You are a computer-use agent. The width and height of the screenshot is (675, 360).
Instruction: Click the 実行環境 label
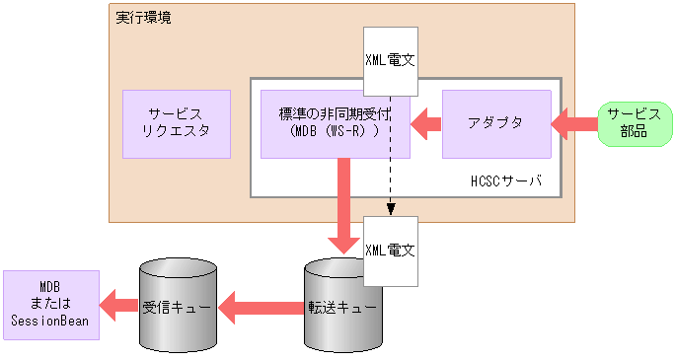tap(142, 18)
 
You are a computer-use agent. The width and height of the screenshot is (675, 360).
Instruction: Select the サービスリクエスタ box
tap(177, 124)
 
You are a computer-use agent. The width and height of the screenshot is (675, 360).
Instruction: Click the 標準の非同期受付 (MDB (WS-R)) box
tap(335, 124)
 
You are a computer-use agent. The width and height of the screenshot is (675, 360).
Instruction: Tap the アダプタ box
tap(496, 124)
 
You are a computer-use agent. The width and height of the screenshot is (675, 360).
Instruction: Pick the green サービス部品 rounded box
tap(628, 123)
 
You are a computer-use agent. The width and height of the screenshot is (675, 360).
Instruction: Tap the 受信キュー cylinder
tap(177, 307)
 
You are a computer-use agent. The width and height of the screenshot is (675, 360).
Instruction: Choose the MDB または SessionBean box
tap(50, 305)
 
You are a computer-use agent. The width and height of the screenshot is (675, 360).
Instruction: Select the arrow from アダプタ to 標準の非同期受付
tap(425, 124)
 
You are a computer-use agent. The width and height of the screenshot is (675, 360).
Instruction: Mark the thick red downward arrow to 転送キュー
tap(343, 207)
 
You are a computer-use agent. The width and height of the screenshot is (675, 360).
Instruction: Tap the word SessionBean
tap(50, 321)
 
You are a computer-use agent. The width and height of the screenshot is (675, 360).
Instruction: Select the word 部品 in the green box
tap(628, 132)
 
